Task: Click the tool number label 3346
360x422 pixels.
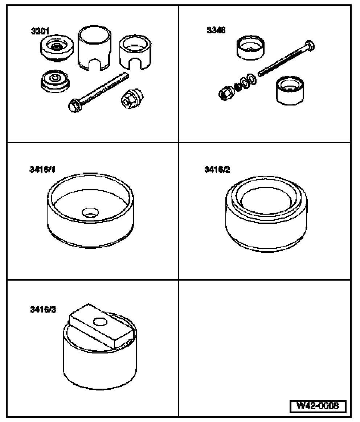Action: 216,30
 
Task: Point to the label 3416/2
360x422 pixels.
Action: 217,169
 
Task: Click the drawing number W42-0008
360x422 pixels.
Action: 317,406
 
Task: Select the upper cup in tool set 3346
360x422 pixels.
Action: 250,47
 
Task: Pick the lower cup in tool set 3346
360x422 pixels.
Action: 289,90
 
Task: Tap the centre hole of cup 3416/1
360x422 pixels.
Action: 90,212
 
